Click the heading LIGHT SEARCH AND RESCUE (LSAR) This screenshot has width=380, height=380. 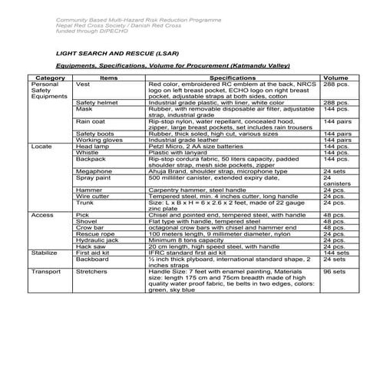[x=121, y=55]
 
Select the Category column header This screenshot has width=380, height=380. [x=50, y=78]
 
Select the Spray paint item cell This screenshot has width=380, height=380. [x=94, y=177]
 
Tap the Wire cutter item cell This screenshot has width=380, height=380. [x=93, y=196]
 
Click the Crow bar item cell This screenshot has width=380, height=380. [x=90, y=227]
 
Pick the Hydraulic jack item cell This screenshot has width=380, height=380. [x=97, y=240]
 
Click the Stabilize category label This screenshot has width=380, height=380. [x=45, y=252]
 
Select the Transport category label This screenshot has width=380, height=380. [x=45, y=271]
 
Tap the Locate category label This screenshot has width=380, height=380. [x=41, y=146]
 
